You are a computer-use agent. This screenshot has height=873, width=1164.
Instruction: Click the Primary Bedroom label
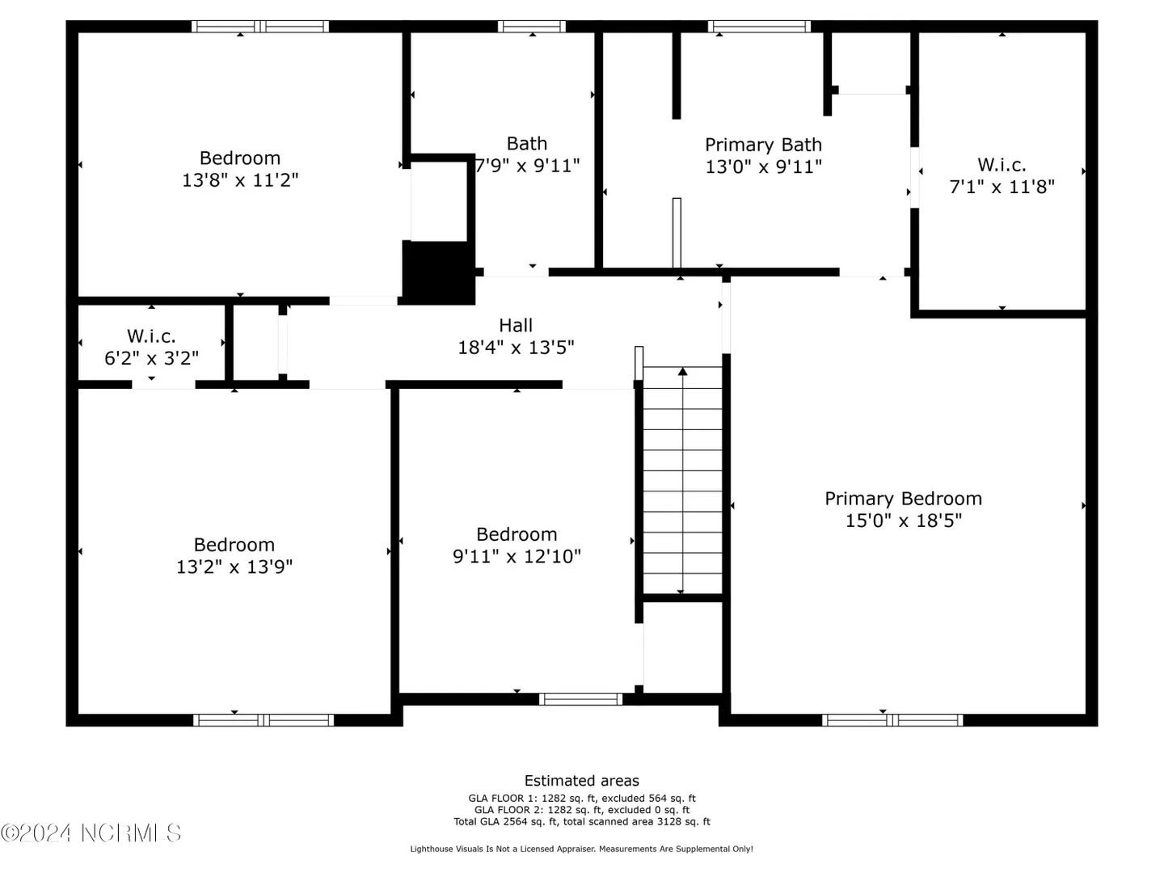coord(903,499)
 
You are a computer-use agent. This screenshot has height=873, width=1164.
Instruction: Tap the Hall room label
coord(516,325)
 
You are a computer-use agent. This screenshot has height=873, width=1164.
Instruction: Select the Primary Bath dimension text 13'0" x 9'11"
coord(763,167)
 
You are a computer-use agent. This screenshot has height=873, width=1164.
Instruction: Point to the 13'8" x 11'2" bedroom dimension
coord(240,180)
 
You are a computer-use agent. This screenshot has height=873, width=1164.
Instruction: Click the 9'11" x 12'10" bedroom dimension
coord(517,557)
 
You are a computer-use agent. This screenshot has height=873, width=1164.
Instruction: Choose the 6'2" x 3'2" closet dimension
coord(152,358)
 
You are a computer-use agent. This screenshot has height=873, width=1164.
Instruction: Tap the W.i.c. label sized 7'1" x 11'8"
coord(1002,165)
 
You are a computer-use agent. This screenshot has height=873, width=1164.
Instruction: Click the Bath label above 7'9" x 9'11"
coord(526,144)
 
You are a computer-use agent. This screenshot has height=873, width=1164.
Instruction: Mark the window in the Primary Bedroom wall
coord(892,719)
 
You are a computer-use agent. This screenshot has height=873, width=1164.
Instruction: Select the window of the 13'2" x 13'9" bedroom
coord(264,719)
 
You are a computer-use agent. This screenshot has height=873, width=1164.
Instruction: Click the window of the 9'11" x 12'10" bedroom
coord(580,699)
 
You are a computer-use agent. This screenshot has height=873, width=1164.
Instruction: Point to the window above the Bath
coord(531,27)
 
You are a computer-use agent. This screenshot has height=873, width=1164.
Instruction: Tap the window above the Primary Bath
coord(759,27)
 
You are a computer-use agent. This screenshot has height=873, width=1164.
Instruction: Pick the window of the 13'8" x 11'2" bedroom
coord(259,27)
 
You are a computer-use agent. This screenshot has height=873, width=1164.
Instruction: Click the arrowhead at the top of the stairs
coord(682,372)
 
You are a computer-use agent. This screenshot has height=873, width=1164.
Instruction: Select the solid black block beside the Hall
coord(438,272)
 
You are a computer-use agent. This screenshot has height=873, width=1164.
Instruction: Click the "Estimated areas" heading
coord(582,781)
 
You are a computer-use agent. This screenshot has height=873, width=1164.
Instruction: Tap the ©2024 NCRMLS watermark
coord(91,833)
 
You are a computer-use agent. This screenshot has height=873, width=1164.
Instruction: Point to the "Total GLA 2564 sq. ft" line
coord(582,821)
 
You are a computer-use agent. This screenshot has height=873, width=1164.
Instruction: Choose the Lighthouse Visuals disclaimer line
coord(581,849)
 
